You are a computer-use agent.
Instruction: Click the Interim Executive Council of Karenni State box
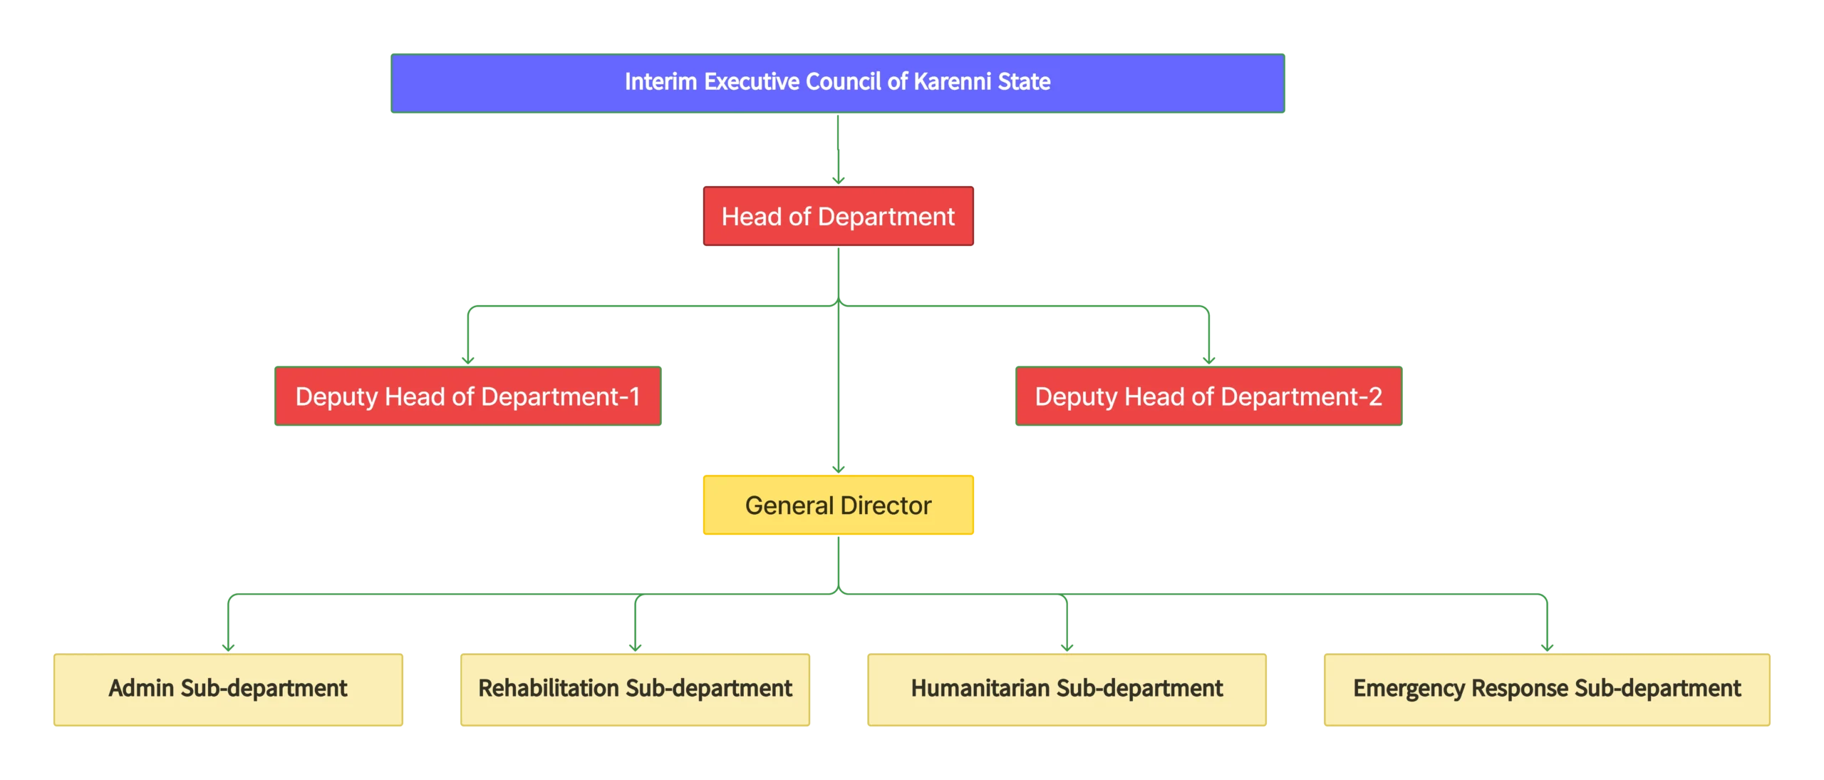pyautogui.click(x=837, y=83)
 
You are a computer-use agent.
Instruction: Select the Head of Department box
pyautogui.click(x=838, y=217)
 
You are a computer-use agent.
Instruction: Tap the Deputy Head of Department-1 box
pyautogui.click(x=470, y=396)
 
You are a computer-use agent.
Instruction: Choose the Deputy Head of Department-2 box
pyautogui.click(x=1210, y=396)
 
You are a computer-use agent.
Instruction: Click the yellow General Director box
pyautogui.click(x=838, y=505)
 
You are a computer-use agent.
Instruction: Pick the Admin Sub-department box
pyautogui.click(x=228, y=689)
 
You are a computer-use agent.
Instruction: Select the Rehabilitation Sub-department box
pyautogui.click(x=635, y=689)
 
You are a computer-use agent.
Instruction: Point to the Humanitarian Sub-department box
pyautogui.click(x=1067, y=689)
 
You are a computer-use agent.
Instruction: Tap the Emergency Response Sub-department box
pyautogui.click(x=1547, y=689)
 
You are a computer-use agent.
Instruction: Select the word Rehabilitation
pyautogui.click(x=549, y=689)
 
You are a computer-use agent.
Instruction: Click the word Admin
pyautogui.click(x=141, y=689)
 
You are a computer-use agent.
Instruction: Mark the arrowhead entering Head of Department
pyautogui.click(x=838, y=180)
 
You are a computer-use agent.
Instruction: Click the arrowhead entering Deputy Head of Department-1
pyautogui.click(x=468, y=360)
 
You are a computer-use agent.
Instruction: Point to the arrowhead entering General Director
pyautogui.click(x=839, y=468)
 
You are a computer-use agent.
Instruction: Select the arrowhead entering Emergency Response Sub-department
pyautogui.click(x=1547, y=646)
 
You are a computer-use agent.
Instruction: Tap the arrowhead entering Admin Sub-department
pyautogui.click(x=228, y=646)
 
